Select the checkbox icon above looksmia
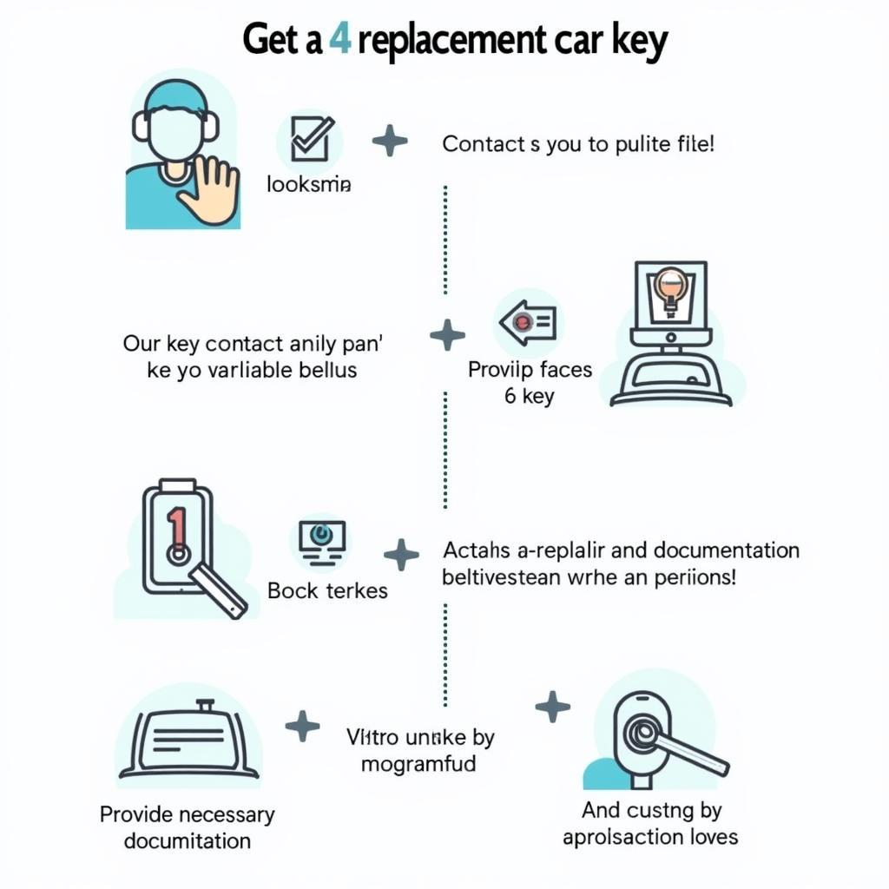coord(308,140)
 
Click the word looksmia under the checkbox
coord(309,184)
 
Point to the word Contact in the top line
coord(480,144)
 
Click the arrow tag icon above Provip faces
coord(527,323)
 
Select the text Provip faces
coord(530,370)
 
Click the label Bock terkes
coord(327,591)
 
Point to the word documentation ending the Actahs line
coord(728,550)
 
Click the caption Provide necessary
coord(187,814)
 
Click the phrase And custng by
coord(651,810)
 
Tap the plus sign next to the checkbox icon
coord(389,141)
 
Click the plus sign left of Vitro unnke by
coord(302,726)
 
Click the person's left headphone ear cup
coord(142,126)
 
